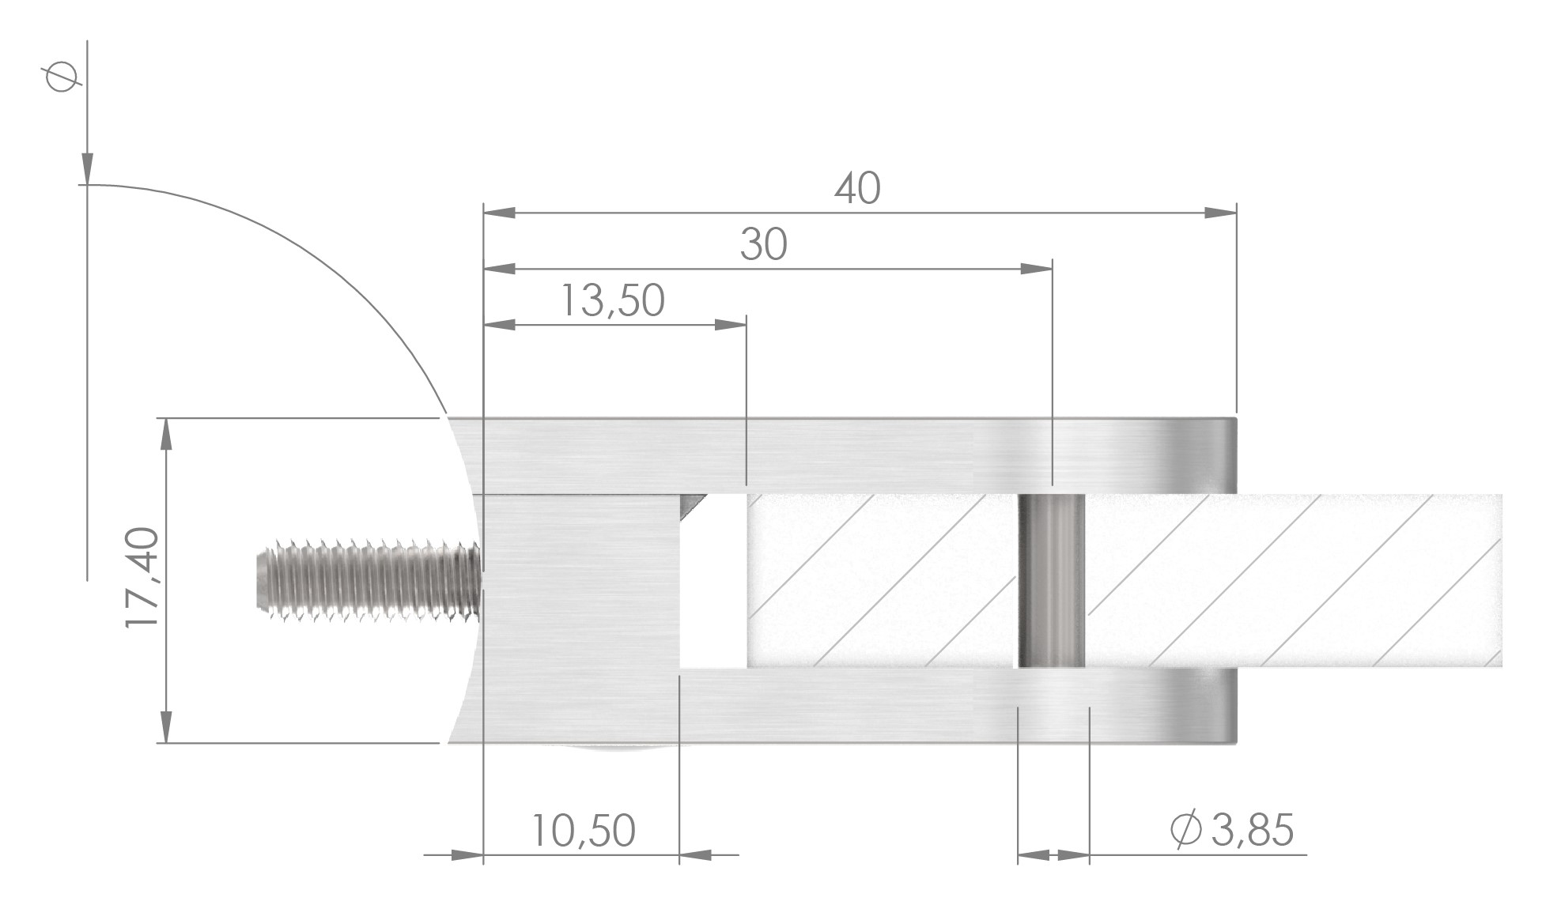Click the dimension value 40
856,190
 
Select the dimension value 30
763,245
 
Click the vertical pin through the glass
1051,581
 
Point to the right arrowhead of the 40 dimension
1221,213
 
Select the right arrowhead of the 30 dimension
1037,269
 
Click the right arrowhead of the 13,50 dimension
730,324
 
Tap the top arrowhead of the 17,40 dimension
166,435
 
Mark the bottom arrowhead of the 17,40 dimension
166,727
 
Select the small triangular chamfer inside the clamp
693,503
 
